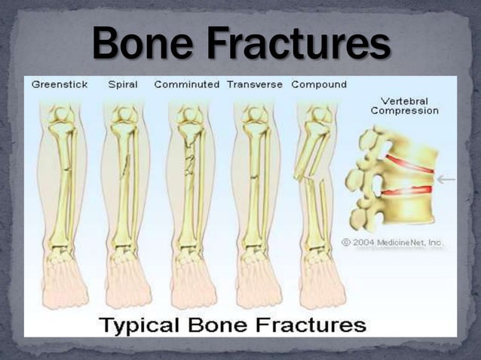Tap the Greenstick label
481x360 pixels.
pos(60,84)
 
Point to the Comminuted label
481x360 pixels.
pos(186,84)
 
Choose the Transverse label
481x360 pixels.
pos(255,84)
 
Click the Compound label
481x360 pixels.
pos(319,84)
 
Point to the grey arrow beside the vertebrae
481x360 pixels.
pos(446,179)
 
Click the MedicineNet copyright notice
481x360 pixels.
pos(392,243)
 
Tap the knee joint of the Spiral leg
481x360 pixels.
pos(124,117)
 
